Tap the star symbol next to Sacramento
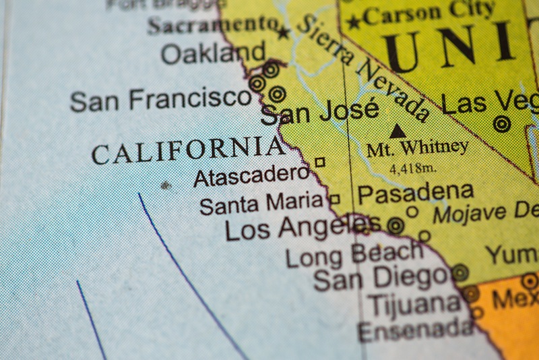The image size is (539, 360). point(284,32)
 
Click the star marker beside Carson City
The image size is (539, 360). point(354,22)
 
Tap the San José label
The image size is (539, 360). point(319,112)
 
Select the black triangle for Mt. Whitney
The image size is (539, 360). point(398,131)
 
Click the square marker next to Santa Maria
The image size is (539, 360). point(334,199)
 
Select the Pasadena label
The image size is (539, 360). point(414,193)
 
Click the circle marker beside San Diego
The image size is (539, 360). point(460,272)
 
